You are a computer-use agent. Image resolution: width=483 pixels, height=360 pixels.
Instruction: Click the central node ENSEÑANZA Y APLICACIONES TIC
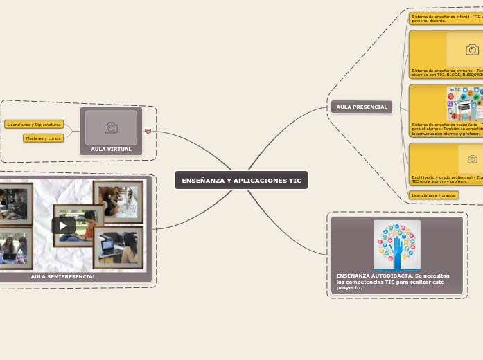coord(241,180)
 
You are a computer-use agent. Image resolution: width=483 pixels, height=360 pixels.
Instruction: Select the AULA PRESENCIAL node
coord(362,107)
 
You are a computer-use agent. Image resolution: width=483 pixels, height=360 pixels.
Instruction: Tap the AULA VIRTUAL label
coord(111,149)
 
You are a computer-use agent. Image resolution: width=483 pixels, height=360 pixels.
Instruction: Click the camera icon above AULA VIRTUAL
coord(111,127)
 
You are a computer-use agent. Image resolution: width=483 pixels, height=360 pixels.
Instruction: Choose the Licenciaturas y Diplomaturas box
coord(34,125)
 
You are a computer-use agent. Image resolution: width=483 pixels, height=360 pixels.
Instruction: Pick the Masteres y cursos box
coord(44,138)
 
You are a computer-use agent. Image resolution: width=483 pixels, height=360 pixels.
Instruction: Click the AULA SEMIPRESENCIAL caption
coord(63,276)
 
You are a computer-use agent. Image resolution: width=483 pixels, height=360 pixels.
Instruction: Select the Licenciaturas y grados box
coord(434,195)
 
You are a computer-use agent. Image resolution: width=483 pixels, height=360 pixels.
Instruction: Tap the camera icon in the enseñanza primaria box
coord(473,50)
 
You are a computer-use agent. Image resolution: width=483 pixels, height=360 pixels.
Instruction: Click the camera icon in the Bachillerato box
coord(473,159)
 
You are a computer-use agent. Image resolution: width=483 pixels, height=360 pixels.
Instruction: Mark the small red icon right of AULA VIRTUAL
coord(148,131)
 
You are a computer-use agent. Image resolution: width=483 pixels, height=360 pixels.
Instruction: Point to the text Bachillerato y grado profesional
coord(444,177)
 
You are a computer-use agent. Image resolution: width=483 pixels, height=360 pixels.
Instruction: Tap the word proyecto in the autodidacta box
coord(349,287)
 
